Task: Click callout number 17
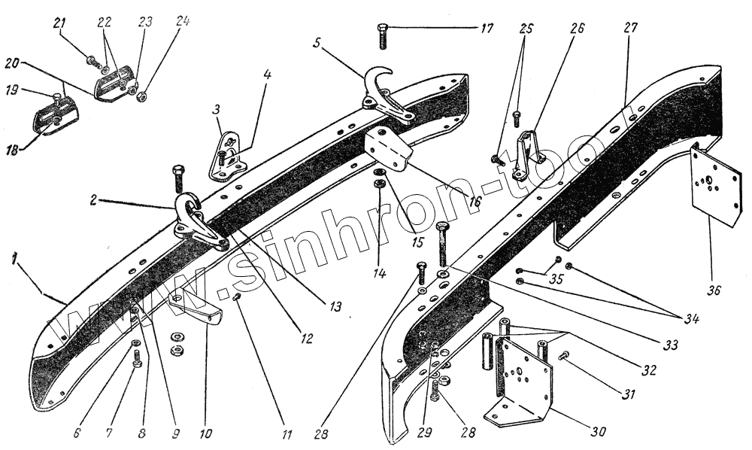click(487, 29)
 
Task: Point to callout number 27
click(629, 27)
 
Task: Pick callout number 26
click(576, 29)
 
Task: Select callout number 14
click(379, 275)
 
